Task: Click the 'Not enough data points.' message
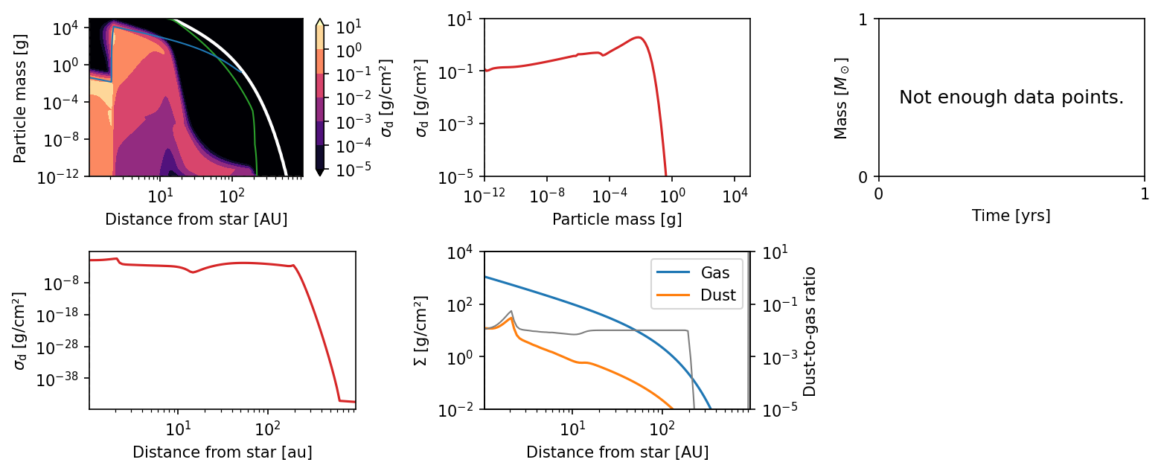point(1011,97)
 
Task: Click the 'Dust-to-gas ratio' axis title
point(809,332)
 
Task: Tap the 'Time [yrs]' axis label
point(1011,216)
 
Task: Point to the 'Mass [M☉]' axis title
point(841,98)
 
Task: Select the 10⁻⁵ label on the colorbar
point(354,170)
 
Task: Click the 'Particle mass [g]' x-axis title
point(617,220)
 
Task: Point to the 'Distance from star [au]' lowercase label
point(223,452)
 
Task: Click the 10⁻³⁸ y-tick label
point(58,379)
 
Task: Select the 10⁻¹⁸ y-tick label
point(58,315)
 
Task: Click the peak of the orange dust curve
point(511,318)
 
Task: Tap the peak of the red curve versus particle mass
point(639,37)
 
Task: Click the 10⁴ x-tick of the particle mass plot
point(735,196)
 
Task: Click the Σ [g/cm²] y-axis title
point(421,330)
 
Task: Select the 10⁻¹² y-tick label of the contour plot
point(58,176)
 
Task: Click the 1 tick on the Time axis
point(1145,193)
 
